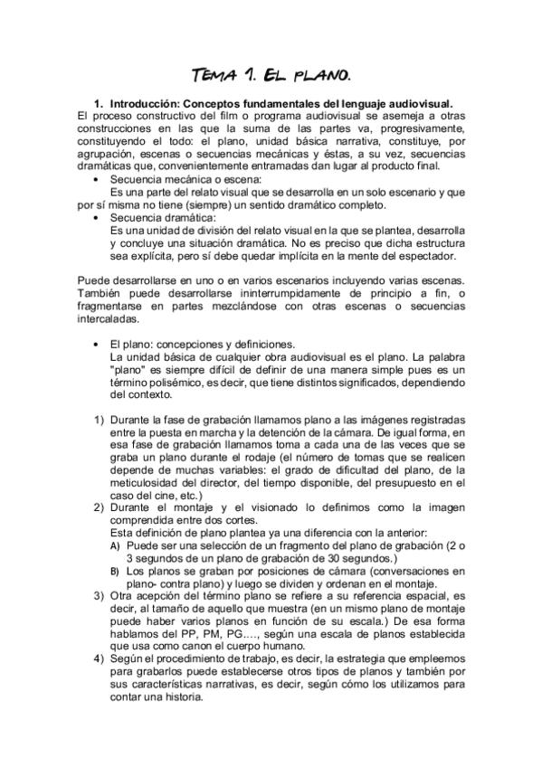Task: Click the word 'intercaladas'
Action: pos(109,319)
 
